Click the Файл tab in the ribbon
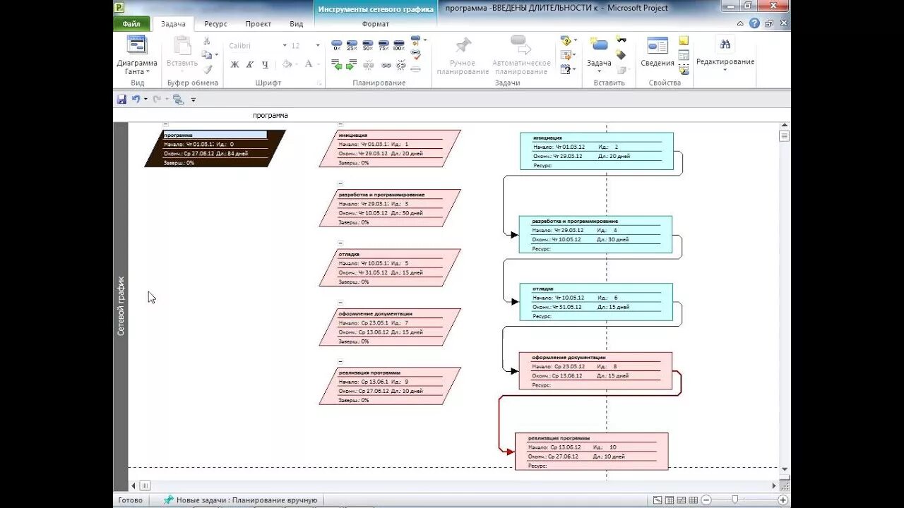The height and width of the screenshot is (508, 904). click(x=131, y=24)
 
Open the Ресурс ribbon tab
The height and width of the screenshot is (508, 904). click(x=215, y=24)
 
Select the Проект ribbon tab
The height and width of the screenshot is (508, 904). click(x=258, y=24)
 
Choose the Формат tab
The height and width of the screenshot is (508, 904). click(x=375, y=24)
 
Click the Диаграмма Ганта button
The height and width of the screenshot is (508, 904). click(x=137, y=55)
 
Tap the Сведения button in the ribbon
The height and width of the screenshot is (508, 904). click(x=658, y=54)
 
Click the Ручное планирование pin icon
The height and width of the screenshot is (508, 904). click(x=463, y=47)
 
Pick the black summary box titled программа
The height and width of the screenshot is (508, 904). click(x=215, y=148)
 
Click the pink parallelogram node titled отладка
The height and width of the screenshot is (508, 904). click(x=389, y=267)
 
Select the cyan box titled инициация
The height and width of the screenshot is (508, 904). click(x=596, y=151)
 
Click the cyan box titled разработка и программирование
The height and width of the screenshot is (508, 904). click(x=595, y=234)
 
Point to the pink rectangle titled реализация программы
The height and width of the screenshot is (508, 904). click(x=591, y=452)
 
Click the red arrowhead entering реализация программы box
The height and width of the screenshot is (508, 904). click(x=510, y=451)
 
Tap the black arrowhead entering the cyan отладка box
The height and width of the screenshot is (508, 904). click(x=515, y=301)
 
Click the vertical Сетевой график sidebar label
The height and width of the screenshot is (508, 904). click(x=121, y=305)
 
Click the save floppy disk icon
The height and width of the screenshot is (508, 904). click(x=121, y=99)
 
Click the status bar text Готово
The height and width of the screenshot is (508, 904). click(x=130, y=500)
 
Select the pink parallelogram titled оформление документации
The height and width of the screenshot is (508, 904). click(x=389, y=327)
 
